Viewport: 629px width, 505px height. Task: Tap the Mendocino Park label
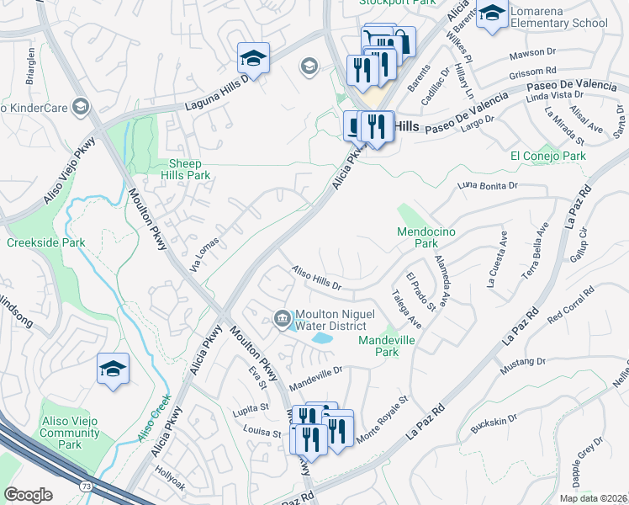coord(418,237)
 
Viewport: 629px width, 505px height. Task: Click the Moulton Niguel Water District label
coord(330,320)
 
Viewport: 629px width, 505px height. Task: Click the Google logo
coord(28,495)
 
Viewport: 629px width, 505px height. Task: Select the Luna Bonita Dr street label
coord(487,183)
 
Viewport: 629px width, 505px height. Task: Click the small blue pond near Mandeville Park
coord(321,338)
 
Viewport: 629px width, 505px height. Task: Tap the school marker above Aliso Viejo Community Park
coord(114,369)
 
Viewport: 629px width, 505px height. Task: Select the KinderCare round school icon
coord(80,106)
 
